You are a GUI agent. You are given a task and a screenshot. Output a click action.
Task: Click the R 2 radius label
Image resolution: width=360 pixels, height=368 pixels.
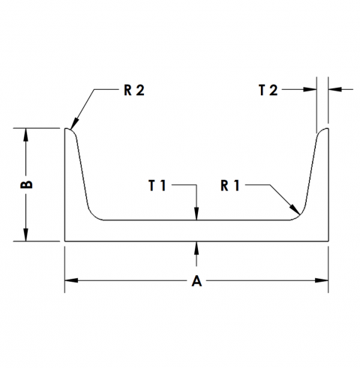134,90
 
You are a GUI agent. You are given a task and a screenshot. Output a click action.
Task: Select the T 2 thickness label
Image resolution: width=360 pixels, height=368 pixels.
268,90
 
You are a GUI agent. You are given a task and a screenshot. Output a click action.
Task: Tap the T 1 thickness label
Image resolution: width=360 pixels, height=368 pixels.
157,185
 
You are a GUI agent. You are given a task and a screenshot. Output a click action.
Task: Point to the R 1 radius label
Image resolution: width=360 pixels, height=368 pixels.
230,185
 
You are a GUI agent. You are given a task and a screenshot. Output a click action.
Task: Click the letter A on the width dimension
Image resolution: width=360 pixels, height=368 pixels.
196,281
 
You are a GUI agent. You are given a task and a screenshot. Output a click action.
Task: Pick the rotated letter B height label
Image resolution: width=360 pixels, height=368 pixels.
26,184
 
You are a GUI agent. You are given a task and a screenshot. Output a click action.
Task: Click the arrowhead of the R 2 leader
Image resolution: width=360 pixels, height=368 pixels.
74,124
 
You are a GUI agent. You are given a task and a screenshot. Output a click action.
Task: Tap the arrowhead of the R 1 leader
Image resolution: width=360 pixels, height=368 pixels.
295,209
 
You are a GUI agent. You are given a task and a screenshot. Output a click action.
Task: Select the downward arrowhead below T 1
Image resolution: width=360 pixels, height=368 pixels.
196,214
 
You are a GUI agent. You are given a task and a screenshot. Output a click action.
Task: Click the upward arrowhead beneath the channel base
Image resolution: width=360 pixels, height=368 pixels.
196,248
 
